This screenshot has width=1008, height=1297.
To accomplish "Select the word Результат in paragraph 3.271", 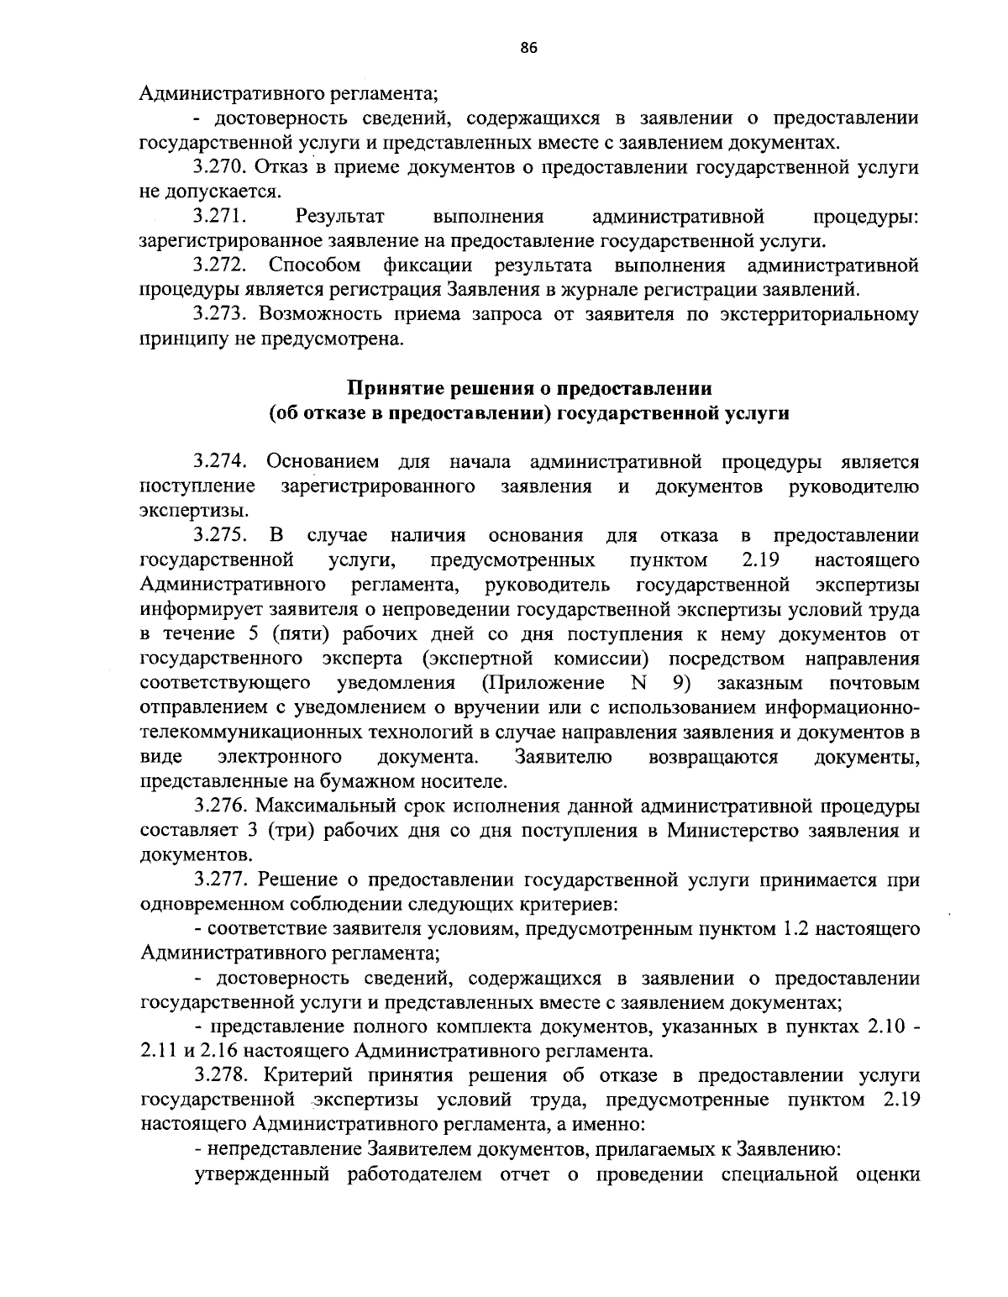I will [x=346, y=217].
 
